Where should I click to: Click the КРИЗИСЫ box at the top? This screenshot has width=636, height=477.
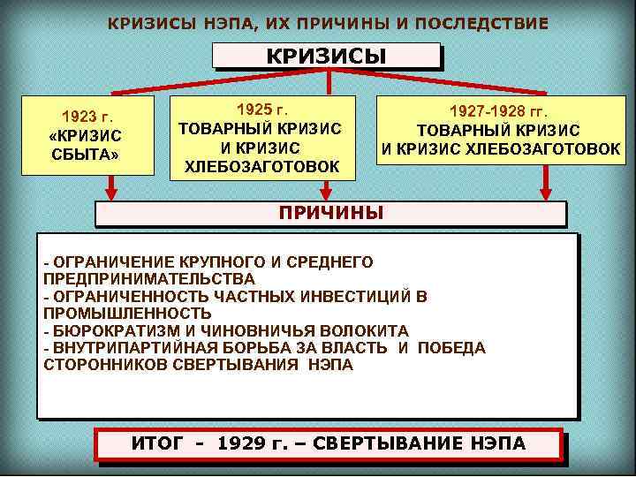[x=327, y=57]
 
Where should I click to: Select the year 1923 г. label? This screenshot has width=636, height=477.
[x=88, y=116]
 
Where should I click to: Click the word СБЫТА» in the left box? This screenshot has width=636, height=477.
[x=86, y=154]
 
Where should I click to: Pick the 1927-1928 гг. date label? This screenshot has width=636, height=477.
[x=499, y=112]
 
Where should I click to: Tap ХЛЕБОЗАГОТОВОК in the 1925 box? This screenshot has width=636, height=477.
[x=261, y=165]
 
